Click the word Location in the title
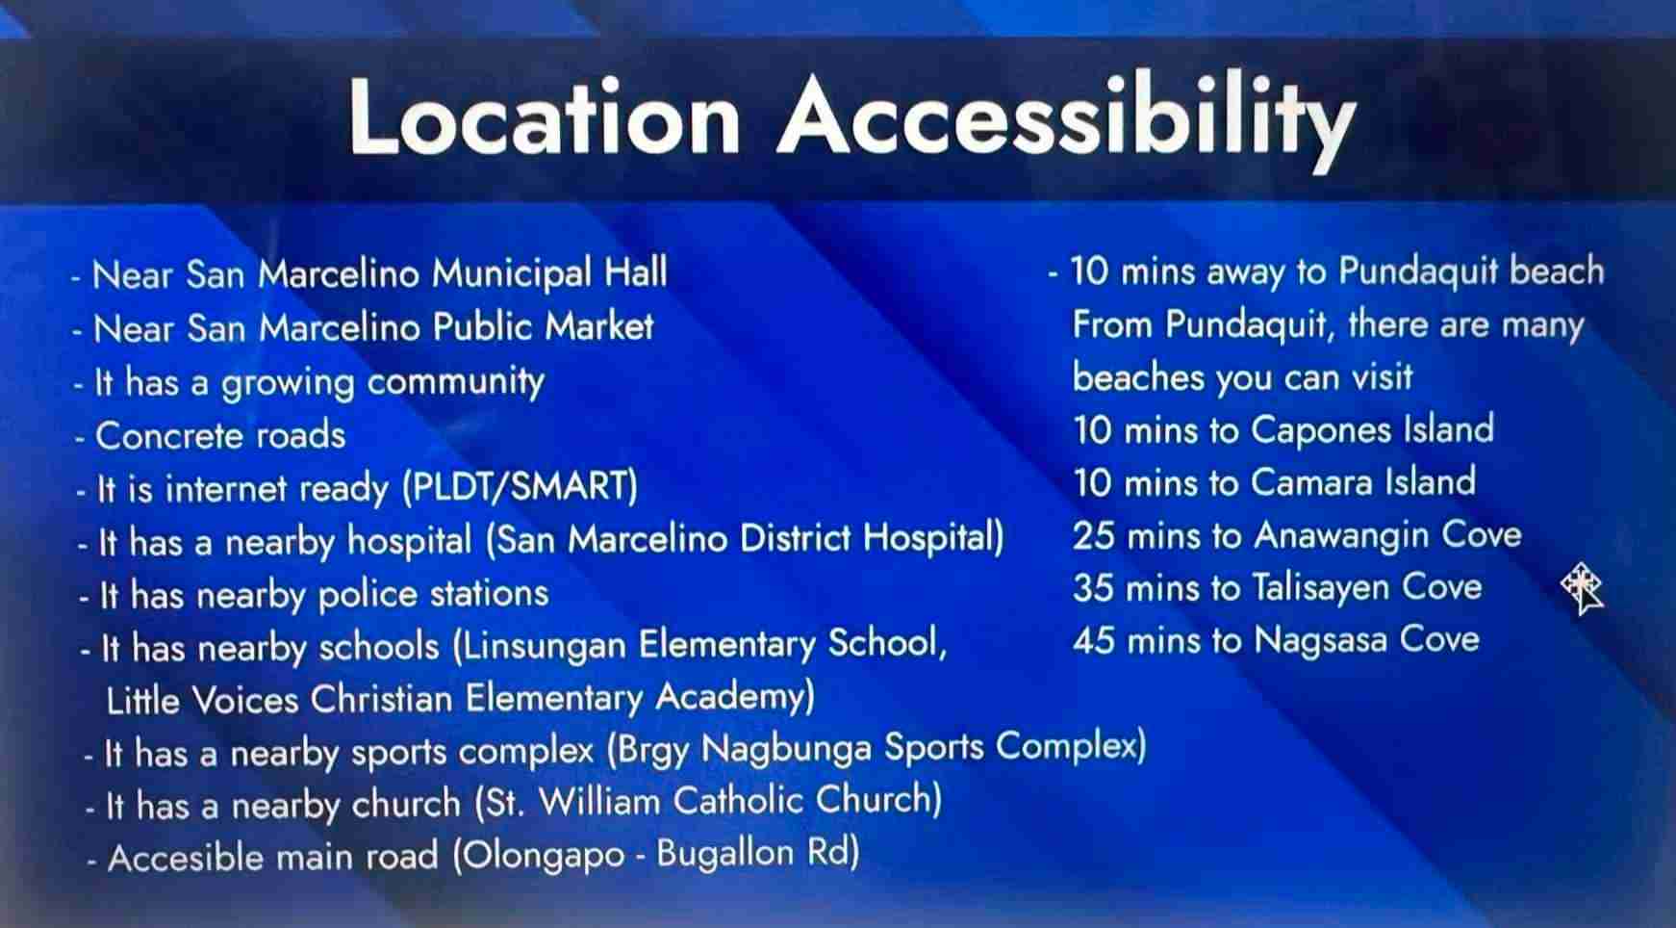tap(546, 116)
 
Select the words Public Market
tap(544, 327)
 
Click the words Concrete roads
tap(220, 436)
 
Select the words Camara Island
tap(1363, 481)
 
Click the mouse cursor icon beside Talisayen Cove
tap(1583, 588)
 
